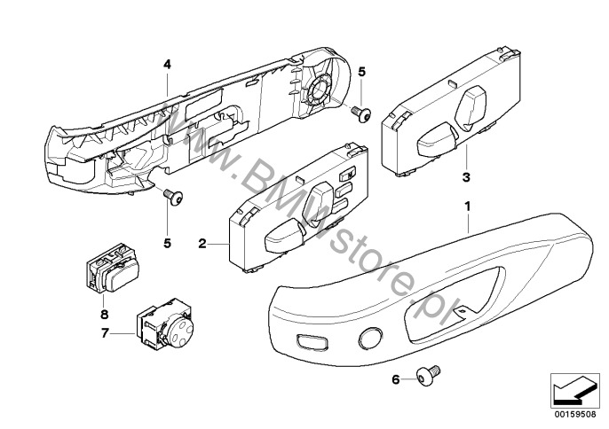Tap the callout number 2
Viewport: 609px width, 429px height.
pos(202,242)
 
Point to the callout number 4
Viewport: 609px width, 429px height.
pos(165,64)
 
